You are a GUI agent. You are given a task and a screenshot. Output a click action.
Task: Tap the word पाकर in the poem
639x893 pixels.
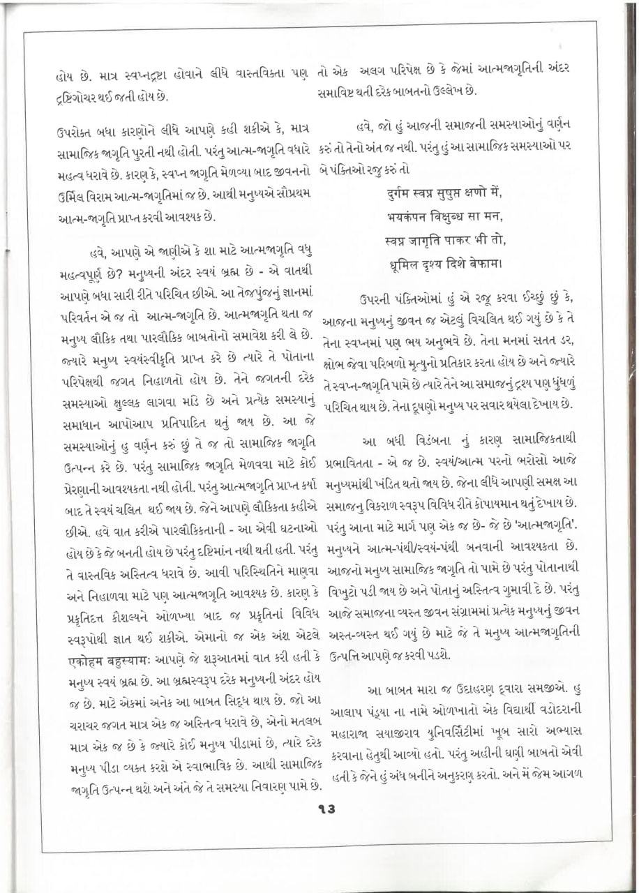pyautogui.click(x=465, y=241)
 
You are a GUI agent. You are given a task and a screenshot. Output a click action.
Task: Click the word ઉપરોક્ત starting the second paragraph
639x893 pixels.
pyautogui.click(x=76, y=130)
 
